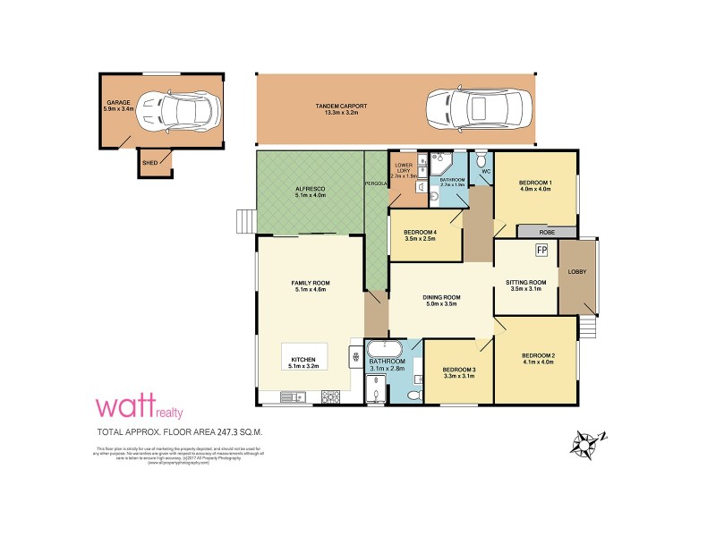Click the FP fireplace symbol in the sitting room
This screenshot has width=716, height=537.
pyautogui.click(x=541, y=251)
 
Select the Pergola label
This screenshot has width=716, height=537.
pyautogui.click(x=375, y=183)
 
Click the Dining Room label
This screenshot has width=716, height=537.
pyautogui.click(x=441, y=298)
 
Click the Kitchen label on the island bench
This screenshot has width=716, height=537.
pyautogui.click(x=304, y=359)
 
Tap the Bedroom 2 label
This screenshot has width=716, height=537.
pyautogui.click(x=539, y=356)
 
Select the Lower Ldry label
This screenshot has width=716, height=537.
pyautogui.click(x=403, y=168)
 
